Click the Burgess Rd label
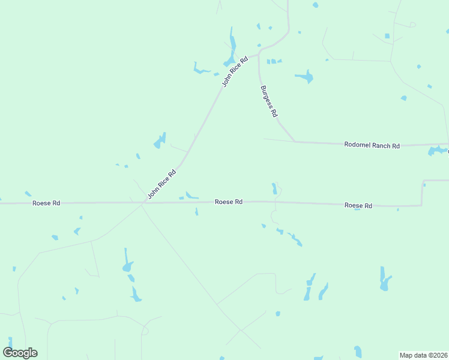[x=269, y=101]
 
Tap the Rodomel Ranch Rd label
[x=372, y=145]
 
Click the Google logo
[x=20, y=353]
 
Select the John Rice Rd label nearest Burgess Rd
[x=235, y=72]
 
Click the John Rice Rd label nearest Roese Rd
[x=162, y=184]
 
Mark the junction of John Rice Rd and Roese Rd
[x=143, y=203]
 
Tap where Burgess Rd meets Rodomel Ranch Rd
[x=295, y=142]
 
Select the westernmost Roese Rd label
[x=46, y=203]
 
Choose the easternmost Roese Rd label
[x=358, y=206]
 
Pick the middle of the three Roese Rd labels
[x=229, y=202]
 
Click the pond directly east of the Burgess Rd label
[x=305, y=77]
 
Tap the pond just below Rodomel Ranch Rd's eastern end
[x=436, y=151]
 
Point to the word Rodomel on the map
[x=355, y=145]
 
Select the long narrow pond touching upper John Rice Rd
[x=231, y=48]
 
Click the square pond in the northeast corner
[x=387, y=36]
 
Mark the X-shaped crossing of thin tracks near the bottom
[x=240, y=329]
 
